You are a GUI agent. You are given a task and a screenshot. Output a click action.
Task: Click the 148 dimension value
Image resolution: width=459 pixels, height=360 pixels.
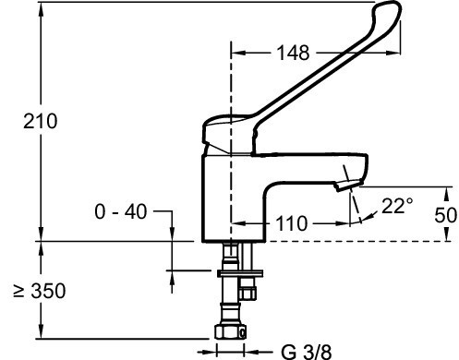[x=293, y=53]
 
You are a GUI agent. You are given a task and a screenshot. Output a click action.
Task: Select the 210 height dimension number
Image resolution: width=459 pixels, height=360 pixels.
[x=41, y=121]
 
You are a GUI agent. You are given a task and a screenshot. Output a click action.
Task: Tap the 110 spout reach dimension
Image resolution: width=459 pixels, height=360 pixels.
[x=291, y=223]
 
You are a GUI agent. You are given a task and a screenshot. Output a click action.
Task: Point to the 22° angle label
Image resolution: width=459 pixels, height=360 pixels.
[x=397, y=206]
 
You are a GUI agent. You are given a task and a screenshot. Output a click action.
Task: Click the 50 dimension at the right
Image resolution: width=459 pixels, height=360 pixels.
[x=445, y=215]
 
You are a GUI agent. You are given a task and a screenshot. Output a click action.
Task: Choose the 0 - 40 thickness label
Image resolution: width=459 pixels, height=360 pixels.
[x=121, y=212]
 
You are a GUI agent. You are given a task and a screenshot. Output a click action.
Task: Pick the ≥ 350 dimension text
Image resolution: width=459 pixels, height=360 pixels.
[x=40, y=291]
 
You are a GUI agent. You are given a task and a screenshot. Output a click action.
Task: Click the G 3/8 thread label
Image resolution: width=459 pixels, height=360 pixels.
[x=307, y=352]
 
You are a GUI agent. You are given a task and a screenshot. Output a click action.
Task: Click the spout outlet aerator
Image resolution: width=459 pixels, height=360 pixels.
[x=348, y=185]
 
